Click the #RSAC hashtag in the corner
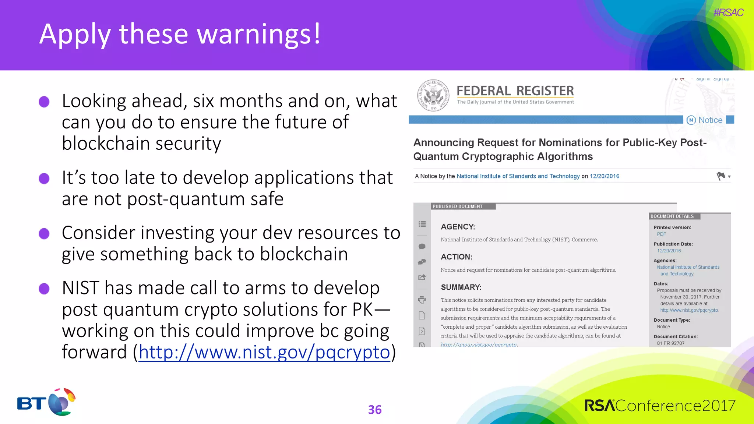click(x=728, y=13)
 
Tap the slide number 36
click(x=375, y=410)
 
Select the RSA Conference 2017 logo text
click(x=660, y=406)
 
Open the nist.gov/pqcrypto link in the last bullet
click(x=264, y=352)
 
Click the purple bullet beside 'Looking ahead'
click(x=44, y=102)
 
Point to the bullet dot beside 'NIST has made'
click(x=44, y=289)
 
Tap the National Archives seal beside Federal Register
click(x=433, y=95)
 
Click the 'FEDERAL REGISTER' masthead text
click(x=515, y=91)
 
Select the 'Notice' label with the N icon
click(x=705, y=120)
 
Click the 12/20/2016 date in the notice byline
click(x=604, y=176)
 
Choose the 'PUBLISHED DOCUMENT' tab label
click(x=457, y=206)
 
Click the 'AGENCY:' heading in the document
click(x=458, y=227)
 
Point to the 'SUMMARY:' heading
click(x=461, y=287)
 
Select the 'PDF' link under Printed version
click(x=661, y=234)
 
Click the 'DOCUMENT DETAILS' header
click(x=672, y=216)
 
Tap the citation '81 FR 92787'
click(x=670, y=343)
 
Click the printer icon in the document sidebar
click(x=422, y=300)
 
